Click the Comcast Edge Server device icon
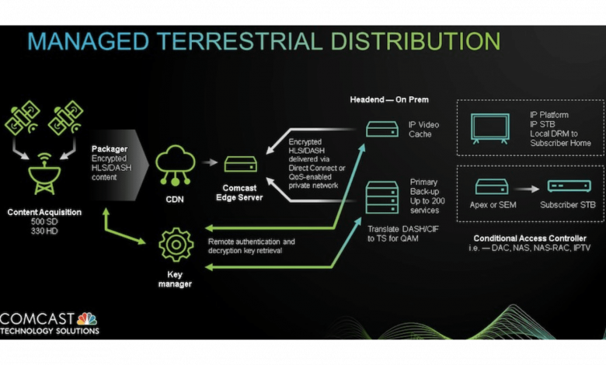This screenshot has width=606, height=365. click(x=240, y=165)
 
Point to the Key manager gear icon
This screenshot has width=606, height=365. click(x=176, y=245)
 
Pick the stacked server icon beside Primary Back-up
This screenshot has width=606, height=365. click(x=381, y=196)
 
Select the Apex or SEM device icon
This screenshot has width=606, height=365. click(x=491, y=186)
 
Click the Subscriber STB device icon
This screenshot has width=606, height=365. click(x=569, y=186)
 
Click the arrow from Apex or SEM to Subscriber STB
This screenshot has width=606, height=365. click(x=529, y=187)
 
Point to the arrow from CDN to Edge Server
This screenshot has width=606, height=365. click(x=207, y=163)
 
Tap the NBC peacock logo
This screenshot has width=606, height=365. click(x=87, y=318)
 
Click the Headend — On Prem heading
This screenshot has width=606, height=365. click(x=388, y=100)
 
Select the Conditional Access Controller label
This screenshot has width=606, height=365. click(x=528, y=238)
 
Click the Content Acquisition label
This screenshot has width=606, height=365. click(x=44, y=211)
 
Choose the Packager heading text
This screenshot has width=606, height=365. click(x=109, y=148)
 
